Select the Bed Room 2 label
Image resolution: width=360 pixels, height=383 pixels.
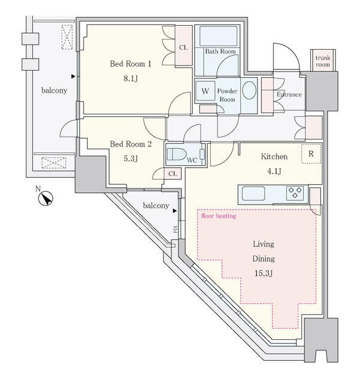131,144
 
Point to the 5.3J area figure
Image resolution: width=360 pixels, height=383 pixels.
131,159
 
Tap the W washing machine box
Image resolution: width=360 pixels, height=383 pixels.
205,92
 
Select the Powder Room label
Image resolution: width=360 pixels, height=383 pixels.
228,95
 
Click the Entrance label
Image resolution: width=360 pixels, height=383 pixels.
289,95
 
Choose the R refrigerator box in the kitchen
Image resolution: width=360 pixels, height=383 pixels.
311,153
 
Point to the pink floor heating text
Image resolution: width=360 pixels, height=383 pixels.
219,216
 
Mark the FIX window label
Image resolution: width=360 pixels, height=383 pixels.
176,229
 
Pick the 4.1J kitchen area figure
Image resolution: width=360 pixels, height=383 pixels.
273,171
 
